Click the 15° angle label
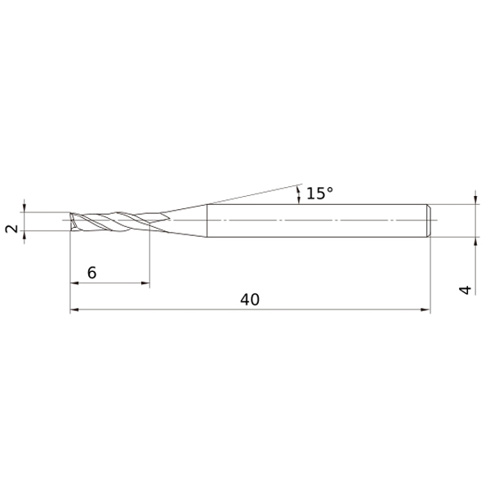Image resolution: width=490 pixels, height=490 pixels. pyautogui.click(x=319, y=193)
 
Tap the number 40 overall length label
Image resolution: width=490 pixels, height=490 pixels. pyautogui.click(x=250, y=300)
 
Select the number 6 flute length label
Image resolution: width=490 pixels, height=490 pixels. pyautogui.click(x=91, y=273)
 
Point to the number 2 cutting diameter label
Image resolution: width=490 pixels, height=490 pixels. pyautogui.click(x=12, y=229)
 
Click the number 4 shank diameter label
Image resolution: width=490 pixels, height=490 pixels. pyautogui.click(x=465, y=290)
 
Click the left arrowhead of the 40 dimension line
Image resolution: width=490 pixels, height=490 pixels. pyautogui.click(x=74, y=310)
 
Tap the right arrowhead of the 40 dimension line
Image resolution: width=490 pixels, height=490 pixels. pyautogui.click(x=425, y=310)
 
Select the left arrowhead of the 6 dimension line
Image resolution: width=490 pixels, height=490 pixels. pyautogui.click(x=74, y=283)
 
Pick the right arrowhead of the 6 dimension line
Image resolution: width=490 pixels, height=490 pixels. pyautogui.click(x=145, y=283)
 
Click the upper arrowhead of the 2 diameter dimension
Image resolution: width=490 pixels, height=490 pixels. pyautogui.click(x=24, y=207)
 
